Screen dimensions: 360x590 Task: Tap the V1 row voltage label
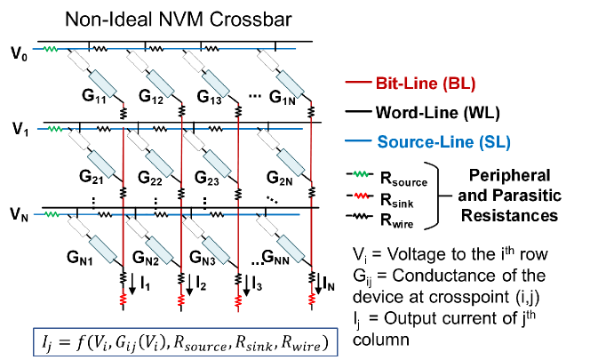(19, 130)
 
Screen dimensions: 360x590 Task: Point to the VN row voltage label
(19, 213)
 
